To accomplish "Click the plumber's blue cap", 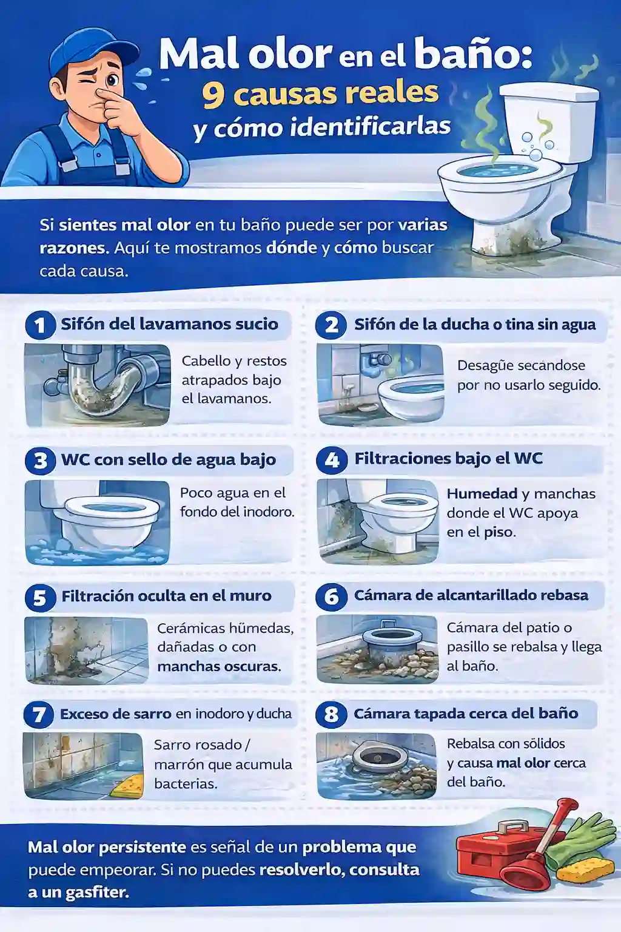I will (x=91, y=49).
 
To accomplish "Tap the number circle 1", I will (x=40, y=325).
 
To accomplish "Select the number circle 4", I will (x=332, y=460).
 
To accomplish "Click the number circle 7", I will (x=39, y=714).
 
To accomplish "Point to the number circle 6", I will (x=331, y=596).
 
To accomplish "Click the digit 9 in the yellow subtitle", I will (x=213, y=95).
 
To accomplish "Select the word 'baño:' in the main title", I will (x=473, y=55).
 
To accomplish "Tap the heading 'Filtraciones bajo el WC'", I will (x=448, y=459).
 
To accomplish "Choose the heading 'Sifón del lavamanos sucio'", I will (x=169, y=324).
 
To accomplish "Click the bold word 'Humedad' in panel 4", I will (x=482, y=494).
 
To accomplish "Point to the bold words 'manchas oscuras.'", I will (x=219, y=666).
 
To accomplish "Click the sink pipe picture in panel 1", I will (x=98, y=385).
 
